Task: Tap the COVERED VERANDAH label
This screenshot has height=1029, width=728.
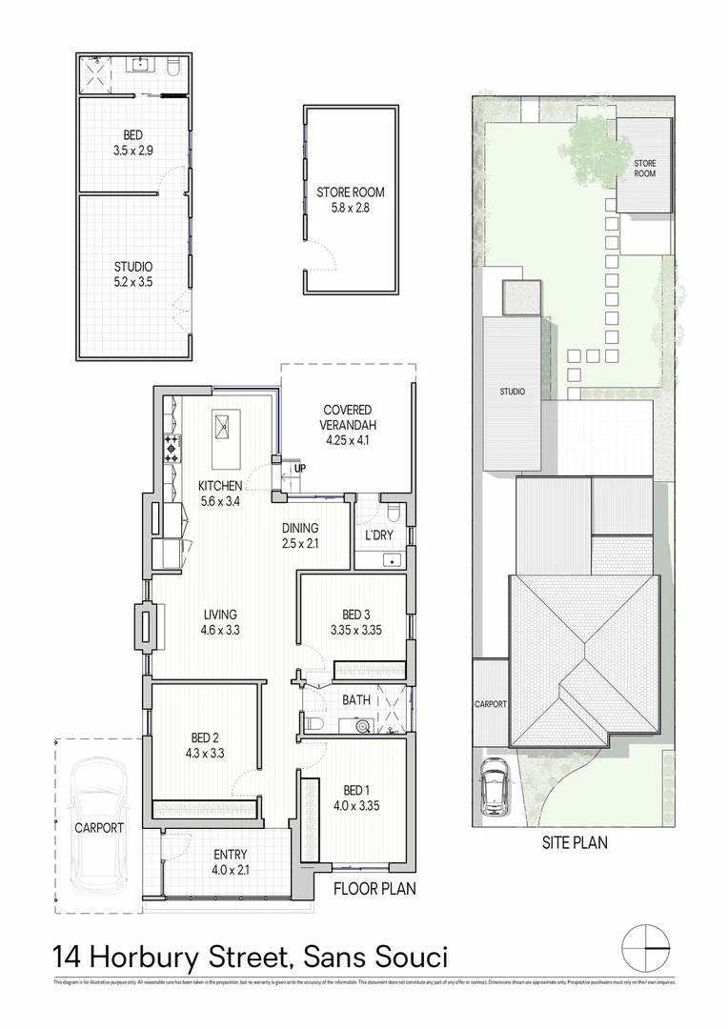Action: (x=347, y=416)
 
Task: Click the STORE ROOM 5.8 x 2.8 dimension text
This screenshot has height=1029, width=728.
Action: (x=351, y=207)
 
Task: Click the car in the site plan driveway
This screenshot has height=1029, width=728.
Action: (x=494, y=786)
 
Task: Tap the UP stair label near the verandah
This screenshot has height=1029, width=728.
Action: (x=300, y=469)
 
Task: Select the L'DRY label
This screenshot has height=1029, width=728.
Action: (x=378, y=535)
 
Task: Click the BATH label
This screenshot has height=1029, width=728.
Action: (x=356, y=700)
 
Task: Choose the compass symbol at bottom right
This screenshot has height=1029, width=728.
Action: (x=645, y=948)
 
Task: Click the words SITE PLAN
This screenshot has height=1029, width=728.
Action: (x=574, y=842)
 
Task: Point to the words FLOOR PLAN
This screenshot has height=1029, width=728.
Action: (x=374, y=889)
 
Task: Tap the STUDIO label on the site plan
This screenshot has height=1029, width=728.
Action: (x=512, y=392)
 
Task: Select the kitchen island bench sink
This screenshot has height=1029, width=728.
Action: (x=227, y=427)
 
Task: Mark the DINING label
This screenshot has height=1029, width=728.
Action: (x=300, y=535)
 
